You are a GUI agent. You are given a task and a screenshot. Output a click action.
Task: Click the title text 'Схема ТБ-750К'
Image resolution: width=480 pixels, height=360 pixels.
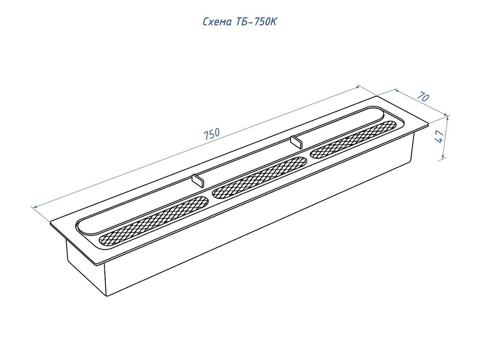pos(240,22)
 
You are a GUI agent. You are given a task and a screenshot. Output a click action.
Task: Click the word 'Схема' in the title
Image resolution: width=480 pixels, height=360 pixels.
pos(217,22)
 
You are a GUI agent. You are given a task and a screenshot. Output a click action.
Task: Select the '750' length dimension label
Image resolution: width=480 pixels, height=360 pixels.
pos(212,134)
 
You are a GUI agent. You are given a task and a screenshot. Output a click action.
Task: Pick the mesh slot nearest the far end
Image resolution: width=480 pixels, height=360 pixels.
pos(353,140)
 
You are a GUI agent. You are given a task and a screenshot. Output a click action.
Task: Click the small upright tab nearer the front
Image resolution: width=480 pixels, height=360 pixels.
pos(198,180)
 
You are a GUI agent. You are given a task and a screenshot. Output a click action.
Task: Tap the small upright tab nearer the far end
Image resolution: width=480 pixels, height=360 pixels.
pos(296,142)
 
